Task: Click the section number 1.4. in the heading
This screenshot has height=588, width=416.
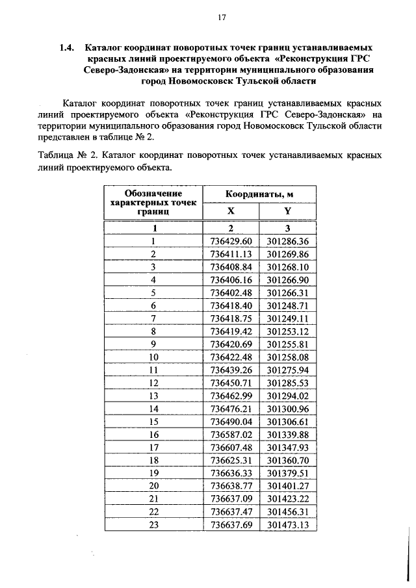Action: [x=67, y=48]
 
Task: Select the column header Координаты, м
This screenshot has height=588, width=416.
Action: [x=259, y=194]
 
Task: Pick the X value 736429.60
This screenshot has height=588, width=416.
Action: [x=231, y=241]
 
